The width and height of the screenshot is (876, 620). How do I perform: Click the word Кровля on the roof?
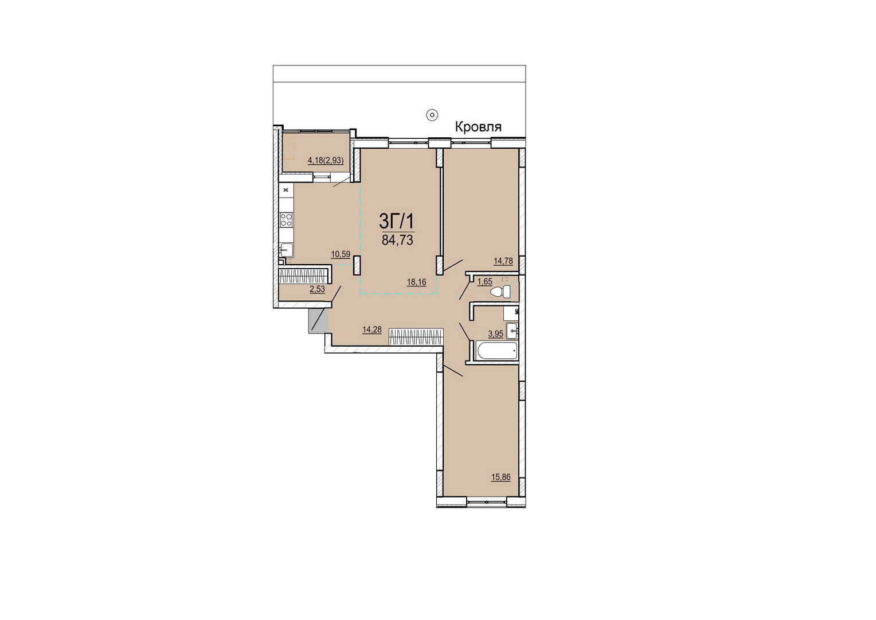(x=478, y=127)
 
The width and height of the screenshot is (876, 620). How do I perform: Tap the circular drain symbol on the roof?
(x=432, y=115)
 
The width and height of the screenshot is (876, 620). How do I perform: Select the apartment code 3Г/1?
(x=396, y=222)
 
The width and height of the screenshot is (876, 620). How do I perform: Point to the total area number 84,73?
(x=397, y=240)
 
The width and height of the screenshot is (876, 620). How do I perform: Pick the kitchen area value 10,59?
(x=341, y=254)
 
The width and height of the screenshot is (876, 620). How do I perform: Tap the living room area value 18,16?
(x=416, y=282)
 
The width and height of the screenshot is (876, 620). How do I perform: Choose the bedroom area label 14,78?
(x=503, y=261)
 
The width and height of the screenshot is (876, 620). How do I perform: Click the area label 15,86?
(x=501, y=477)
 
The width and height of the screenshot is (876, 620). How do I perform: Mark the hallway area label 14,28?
(x=372, y=330)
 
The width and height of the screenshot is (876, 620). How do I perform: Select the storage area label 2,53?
(x=317, y=289)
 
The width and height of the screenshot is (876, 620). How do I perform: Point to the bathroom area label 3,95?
(x=495, y=334)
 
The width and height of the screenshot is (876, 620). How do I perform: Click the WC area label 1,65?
(x=485, y=282)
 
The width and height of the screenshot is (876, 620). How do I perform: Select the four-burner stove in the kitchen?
(x=286, y=219)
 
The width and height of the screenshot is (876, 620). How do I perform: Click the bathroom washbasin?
(x=513, y=331)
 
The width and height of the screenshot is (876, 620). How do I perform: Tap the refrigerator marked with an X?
(x=286, y=190)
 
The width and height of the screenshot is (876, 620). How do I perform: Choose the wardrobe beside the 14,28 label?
(x=416, y=337)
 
